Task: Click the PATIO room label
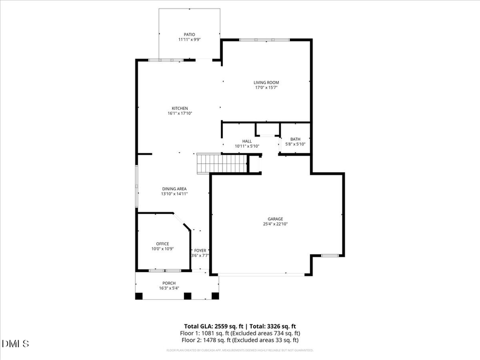tap(190, 35)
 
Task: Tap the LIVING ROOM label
tap(266, 83)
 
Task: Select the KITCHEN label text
tap(180, 108)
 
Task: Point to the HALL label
tap(247, 141)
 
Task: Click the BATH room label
tap(295, 139)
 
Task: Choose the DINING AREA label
tap(174, 189)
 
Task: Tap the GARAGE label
tap(276, 219)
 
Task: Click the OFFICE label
tap(162, 244)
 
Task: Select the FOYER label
tap(200, 250)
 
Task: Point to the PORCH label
tap(169, 283)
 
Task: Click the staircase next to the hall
tap(222, 163)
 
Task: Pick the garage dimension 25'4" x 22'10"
tap(276, 225)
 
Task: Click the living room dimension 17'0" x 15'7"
tap(266, 87)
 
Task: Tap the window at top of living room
tap(264, 40)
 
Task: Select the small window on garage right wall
tap(330, 255)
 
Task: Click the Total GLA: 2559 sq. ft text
tap(211, 326)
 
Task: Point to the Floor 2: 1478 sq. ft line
tap(240, 340)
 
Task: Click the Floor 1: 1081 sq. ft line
tap(240, 333)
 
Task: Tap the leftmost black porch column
tap(139, 296)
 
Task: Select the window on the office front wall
tap(165, 271)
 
